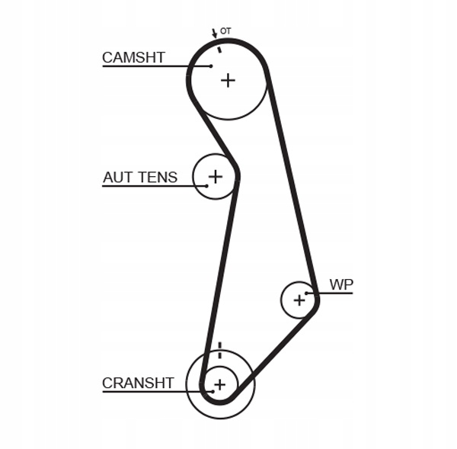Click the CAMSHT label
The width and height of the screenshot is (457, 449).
pyautogui.click(x=133, y=57)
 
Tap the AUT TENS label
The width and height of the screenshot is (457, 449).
pyautogui.click(x=140, y=177)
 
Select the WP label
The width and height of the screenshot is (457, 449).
pyautogui.click(x=341, y=284)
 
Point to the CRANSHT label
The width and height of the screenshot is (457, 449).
pyautogui.click(x=138, y=383)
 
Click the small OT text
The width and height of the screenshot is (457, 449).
pyautogui.click(x=225, y=31)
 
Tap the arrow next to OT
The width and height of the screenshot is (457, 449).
pyautogui.click(x=215, y=34)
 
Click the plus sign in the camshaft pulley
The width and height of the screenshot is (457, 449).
pyautogui.click(x=228, y=80)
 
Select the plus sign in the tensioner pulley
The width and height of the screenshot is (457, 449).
pyautogui.click(x=216, y=177)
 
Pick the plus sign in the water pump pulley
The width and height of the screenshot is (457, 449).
pyautogui.click(x=299, y=300)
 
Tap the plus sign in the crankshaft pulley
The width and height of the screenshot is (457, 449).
pyautogui.click(x=220, y=384)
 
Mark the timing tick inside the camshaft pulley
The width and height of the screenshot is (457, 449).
pyautogui.click(x=219, y=50)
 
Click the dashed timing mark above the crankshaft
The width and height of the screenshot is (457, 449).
pyautogui.click(x=220, y=350)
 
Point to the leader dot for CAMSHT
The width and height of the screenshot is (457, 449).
pyautogui.click(x=211, y=66)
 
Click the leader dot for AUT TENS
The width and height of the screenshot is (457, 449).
pyautogui.click(x=206, y=186)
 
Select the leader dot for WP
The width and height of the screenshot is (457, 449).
pyautogui.click(x=307, y=293)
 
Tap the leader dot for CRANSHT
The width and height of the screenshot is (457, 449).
pyautogui.click(x=213, y=392)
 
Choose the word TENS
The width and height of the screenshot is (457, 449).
pyautogui.click(x=158, y=177)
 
